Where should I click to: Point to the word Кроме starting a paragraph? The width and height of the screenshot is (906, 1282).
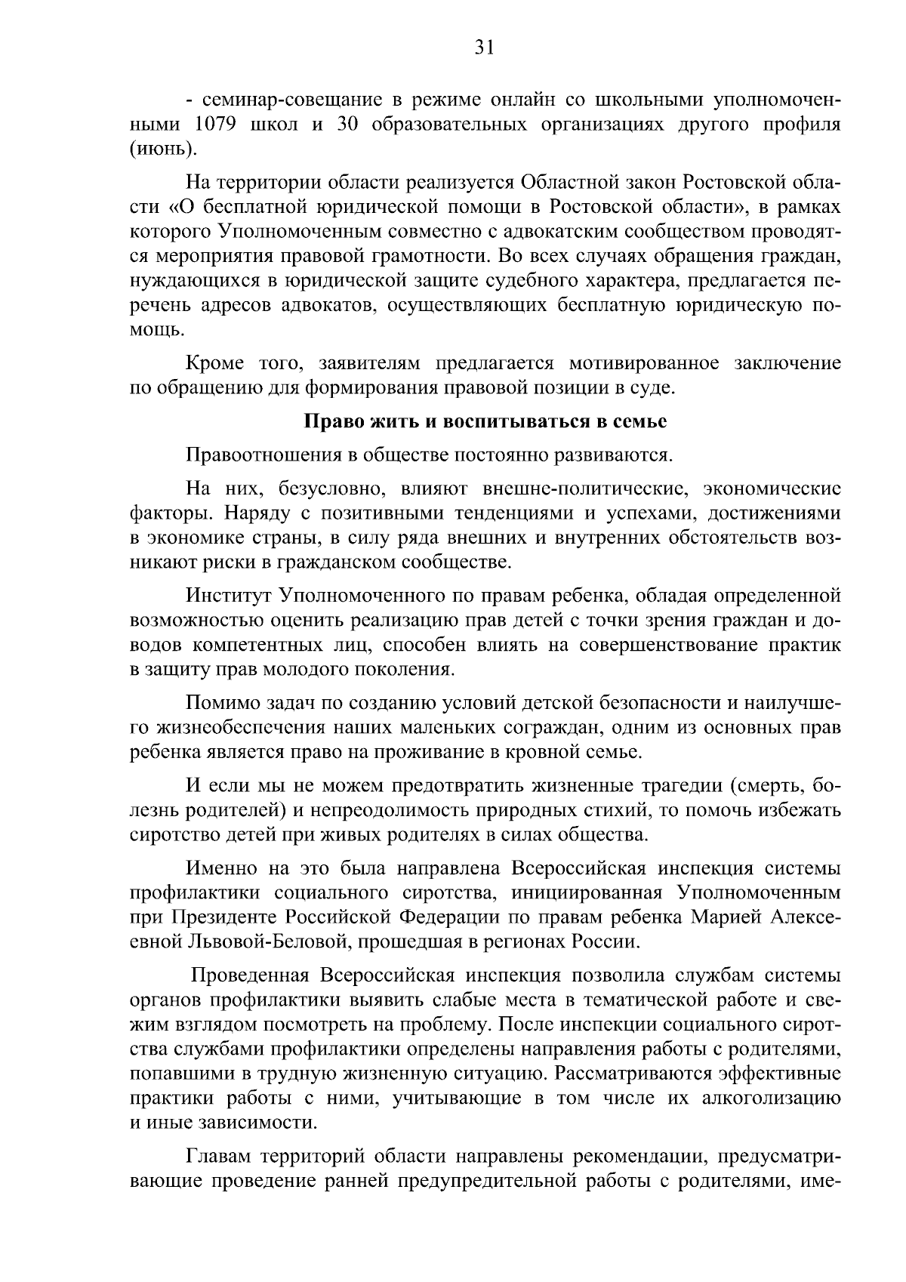(214, 364)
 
